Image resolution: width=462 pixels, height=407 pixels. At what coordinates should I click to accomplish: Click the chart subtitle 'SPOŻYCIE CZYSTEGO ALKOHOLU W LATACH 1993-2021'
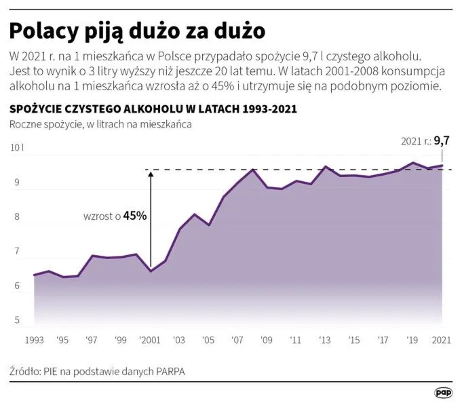(x=153, y=109)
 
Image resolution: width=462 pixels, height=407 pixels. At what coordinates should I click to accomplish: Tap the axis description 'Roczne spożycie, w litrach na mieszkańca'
(x=100, y=125)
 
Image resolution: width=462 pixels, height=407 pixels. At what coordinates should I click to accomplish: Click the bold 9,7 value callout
(x=442, y=141)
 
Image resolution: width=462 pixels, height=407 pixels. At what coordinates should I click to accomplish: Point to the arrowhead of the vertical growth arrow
(x=151, y=174)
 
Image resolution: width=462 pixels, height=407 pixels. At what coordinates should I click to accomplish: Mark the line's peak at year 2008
(x=252, y=170)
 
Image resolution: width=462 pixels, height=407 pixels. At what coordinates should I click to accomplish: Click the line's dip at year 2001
(x=151, y=271)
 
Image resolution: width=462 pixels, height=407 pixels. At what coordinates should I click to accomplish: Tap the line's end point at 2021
(x=442, y=166)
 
